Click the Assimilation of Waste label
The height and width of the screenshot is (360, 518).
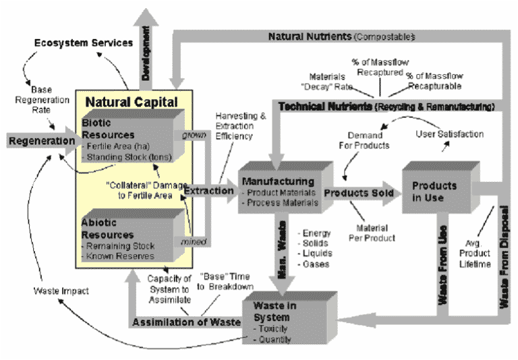tap(186, 322)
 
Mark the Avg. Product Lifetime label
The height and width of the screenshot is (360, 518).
tap(476, 253)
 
